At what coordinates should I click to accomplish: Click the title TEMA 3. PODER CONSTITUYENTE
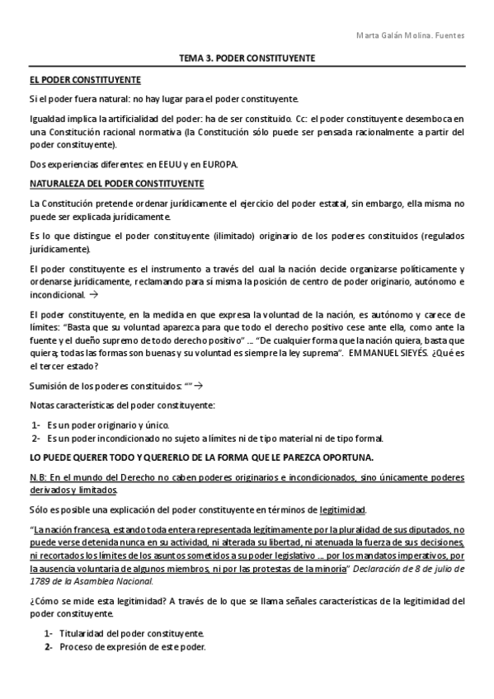click(x=247, y=60)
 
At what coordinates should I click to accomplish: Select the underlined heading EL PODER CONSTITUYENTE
click(x=85, y=80)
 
